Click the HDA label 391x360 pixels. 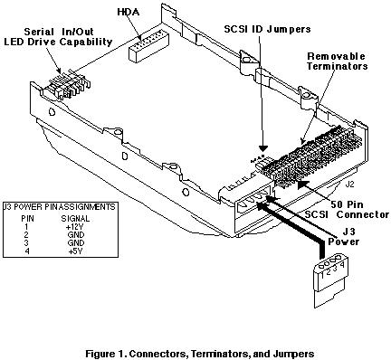click(129, 13)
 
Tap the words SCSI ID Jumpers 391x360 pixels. click(267, 29)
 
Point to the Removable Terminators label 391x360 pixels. click(337, 62)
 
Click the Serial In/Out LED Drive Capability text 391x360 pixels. click(59, 37)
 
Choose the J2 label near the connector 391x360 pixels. click(349, 185)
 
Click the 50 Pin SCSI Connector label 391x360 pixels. click(347, 210)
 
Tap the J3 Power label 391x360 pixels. click(344, 237)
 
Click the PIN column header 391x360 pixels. click(27, 218)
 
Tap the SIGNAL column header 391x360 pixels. click(75, 218)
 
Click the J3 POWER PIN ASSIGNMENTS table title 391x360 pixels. click(59, 207)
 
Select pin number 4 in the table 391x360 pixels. click(27, 251)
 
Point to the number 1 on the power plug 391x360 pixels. click(323, 275)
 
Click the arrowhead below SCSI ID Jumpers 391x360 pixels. click(263, 148)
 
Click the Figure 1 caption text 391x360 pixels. click(200, 354)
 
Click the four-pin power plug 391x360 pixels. click(330, 281)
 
